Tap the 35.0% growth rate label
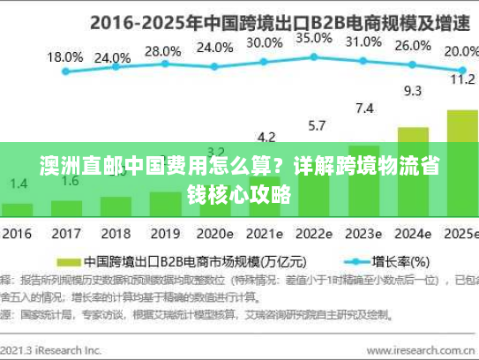click(x=313, y=39)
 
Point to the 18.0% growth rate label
click(x=64, y=56)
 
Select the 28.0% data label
click(x=162, y=51)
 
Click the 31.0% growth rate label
click(x=363, y=41)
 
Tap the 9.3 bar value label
click(x=412, y=90)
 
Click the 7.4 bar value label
click(x=363, y=109)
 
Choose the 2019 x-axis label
click(x=163, y=235)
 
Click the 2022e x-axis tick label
click(x=314, y=235)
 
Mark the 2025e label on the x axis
click(x=459, y=235)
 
